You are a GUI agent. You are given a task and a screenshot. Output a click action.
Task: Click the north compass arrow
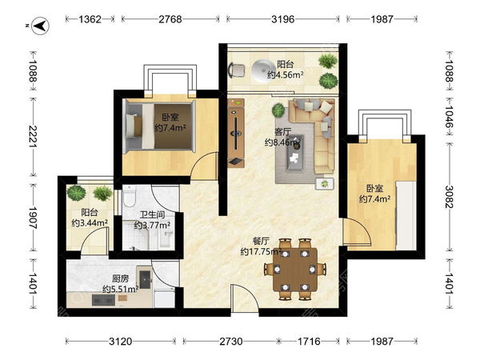click(x=41, y=26)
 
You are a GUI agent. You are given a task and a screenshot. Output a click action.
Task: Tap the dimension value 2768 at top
click(x=170, y=19)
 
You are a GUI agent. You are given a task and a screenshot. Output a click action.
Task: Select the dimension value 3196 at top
click(x=283, y=19)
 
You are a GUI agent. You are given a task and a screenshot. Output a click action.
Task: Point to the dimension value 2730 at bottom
click(x=231, y=341)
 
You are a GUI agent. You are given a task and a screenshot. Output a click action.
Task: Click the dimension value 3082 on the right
click(x=450, y=197)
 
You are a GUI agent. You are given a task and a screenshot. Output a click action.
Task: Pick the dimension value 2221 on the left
click(x=33, y=136)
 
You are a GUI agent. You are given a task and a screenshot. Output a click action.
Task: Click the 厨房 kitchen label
click(x=120, y=278)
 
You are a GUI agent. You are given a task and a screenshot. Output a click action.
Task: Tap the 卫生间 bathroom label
click(x=152, y=214)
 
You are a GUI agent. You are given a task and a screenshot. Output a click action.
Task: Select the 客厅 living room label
click(x=282, y=132)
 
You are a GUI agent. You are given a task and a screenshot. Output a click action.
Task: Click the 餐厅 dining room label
click(x=261, y=241)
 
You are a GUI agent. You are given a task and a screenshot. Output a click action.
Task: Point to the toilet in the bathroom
click(x=129, y=196)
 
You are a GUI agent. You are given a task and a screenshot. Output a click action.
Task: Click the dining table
click(x=295, y=270)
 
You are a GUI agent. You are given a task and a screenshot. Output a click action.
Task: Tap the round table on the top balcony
click(x=263, y=70)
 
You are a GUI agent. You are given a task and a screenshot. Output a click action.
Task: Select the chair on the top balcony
click(x=237, y=70)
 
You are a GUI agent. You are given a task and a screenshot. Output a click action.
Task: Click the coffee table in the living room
click(x=295, y=154)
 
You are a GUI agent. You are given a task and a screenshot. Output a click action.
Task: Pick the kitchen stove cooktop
click(x=103, y=300)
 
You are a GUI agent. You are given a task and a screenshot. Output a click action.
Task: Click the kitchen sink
click(x=146, y=279)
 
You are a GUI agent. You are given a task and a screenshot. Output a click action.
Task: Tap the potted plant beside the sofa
click(x=278, y=110)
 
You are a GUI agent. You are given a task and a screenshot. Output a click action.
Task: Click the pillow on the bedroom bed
click(x=134, y=126)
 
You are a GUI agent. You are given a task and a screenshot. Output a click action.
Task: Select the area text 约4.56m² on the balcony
click(x=286, y=74)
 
